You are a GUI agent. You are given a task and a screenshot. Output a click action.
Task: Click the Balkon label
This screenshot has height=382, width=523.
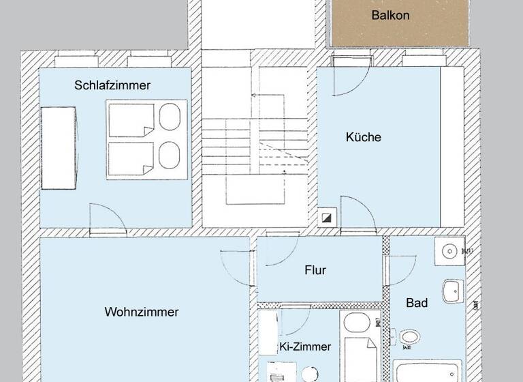390,15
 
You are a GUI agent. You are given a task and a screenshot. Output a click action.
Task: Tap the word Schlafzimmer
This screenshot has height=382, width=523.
112,85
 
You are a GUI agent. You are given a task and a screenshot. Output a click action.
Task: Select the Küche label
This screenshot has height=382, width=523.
363,137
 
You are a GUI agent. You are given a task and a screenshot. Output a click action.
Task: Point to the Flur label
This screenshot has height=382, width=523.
315,270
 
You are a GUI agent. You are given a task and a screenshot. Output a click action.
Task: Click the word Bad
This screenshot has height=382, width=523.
417,302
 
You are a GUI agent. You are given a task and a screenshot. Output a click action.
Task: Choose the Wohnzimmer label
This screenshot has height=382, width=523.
142,312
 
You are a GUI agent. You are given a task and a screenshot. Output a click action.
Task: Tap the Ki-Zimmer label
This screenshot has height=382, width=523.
305,347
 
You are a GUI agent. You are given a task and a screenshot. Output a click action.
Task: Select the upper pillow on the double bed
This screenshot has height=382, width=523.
170,117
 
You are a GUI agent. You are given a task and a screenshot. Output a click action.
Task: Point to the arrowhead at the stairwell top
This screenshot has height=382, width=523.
253,95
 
